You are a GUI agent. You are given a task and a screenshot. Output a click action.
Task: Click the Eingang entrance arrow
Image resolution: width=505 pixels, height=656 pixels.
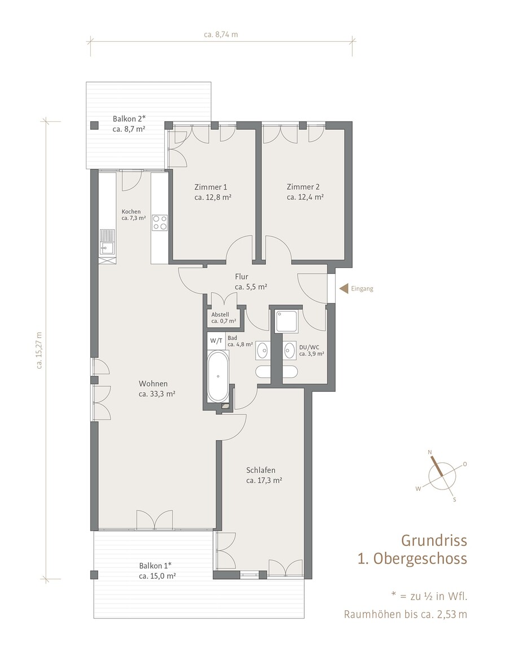point(344,288)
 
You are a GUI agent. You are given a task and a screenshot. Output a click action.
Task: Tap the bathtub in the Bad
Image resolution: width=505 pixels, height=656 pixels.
point(218,376)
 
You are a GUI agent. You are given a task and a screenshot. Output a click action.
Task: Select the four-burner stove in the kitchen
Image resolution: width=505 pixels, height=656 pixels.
point(159,222)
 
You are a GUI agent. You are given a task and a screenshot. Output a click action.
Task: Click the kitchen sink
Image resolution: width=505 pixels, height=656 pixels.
point(107,243)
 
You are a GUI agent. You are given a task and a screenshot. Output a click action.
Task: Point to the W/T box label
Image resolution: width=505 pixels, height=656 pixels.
point(216,340)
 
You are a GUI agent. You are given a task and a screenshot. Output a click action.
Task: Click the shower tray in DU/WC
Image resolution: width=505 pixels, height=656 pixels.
point(287,321)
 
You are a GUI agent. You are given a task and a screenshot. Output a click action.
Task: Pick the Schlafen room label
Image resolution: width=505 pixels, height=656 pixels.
point(264,475)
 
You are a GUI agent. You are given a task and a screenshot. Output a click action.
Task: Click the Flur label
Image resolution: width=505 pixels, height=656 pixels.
point(251,282)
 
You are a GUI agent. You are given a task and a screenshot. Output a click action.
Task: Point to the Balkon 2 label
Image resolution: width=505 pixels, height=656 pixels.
point(129,124)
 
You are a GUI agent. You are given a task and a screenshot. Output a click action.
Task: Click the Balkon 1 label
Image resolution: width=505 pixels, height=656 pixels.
point(157,571)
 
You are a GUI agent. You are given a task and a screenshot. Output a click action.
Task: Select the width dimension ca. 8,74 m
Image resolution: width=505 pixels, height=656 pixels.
point(221,35)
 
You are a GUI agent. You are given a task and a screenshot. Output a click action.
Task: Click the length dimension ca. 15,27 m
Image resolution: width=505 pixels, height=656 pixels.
point(39,350)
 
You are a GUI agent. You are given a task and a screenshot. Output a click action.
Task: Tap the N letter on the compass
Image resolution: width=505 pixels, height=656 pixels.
point(429,452)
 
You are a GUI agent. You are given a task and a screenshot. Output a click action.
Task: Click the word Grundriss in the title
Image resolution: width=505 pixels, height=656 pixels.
point(434,540)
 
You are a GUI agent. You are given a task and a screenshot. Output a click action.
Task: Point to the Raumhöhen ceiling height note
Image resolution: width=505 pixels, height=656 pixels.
point(406,614)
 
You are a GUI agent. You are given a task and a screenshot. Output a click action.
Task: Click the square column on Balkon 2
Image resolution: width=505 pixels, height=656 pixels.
point(95,125)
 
